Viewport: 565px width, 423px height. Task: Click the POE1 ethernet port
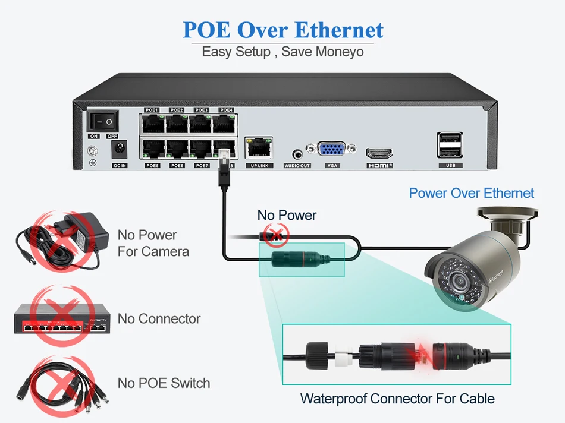point(152,123)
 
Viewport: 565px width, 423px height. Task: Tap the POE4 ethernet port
point(226,123)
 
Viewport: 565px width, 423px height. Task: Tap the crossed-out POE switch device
point(59,318)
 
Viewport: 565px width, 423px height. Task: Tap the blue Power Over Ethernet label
point(471,193)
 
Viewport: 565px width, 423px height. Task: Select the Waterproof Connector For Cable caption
point(397,398)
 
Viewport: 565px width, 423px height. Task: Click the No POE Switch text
point(164,383)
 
